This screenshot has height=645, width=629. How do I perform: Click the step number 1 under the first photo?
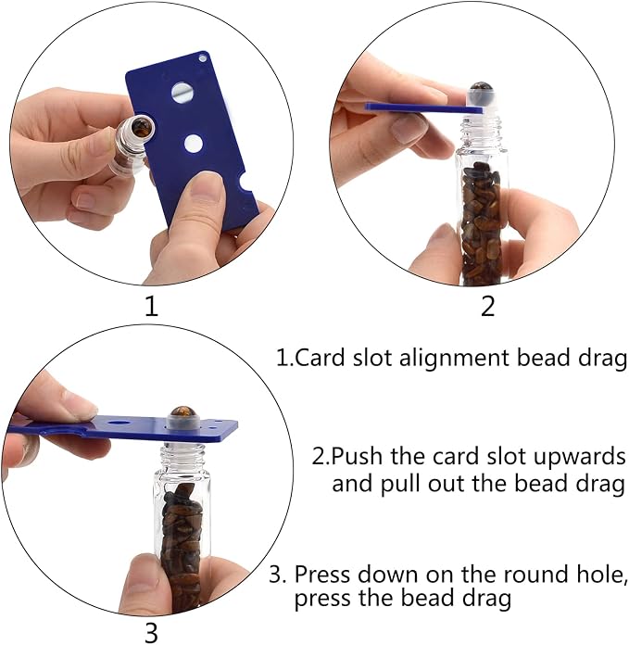pos(152,307)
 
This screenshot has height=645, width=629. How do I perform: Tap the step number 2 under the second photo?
pos(487,307)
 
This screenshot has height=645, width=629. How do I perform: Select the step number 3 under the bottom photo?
pos(152,634)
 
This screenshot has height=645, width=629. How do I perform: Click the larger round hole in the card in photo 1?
pos(180,92)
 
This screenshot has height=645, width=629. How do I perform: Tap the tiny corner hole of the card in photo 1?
pos(203,58)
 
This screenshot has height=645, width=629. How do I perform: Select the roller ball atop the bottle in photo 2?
pos(482,88)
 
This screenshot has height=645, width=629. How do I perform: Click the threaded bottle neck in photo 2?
pos(483,131)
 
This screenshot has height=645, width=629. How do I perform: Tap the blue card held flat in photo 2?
pos(423,108)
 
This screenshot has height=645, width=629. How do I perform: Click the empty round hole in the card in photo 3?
pos(120,423)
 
